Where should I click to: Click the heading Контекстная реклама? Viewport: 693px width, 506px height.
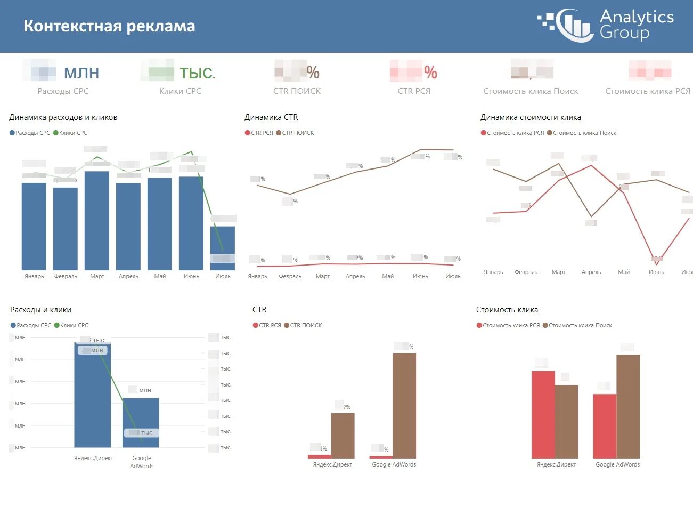coord(109,26)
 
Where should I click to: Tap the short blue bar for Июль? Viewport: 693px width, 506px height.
coord(223,248)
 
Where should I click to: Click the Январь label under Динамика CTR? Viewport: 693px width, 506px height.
coord(257,276)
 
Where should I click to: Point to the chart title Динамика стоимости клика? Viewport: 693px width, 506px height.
coord(531,117)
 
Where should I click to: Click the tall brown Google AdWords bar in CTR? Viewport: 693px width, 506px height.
coord(404,405)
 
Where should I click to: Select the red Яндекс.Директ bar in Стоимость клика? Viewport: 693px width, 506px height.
coord(543,414)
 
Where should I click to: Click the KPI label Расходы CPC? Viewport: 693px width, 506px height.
coord(63,91)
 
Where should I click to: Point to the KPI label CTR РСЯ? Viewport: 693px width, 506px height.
coord(414,91)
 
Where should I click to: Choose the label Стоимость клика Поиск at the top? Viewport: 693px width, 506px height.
coord(531,91)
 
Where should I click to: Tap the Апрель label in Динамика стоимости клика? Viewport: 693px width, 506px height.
coord(591,272)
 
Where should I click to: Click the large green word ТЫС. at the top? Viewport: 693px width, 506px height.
coord(197,73)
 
